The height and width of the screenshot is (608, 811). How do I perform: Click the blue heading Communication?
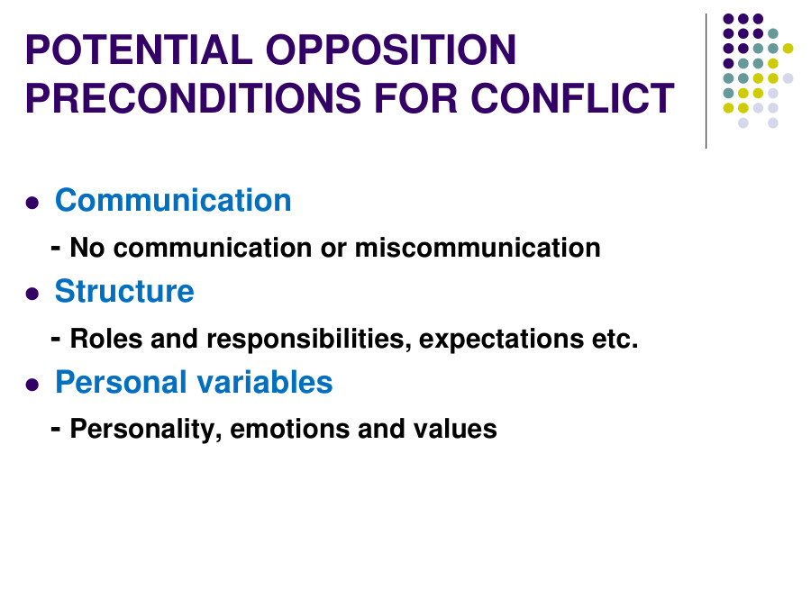coord(173,200)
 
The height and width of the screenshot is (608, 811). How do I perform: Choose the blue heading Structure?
coord(124,291)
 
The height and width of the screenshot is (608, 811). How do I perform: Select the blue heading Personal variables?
coord(194,382)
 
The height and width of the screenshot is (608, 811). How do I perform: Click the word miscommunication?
coord(478,247)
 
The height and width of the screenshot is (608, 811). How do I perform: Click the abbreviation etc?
coord(617,339)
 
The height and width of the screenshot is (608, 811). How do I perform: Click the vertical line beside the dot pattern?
coord(706,81)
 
